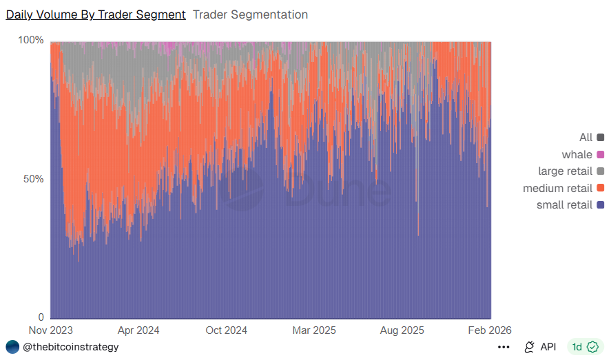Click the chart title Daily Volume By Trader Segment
coord(96,14)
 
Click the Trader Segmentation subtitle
coord(250,14)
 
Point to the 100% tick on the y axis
coord(30,41)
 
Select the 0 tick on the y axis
coord(41,317)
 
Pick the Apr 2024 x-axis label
coord(138,330)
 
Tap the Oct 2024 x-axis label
coord(226,330)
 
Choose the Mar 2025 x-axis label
coord(314,330)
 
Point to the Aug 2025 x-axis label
coord(402,330)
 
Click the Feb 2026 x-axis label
coord(490,330)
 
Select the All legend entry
coord(586,138)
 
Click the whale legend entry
coord(577,154)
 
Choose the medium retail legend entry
coord(558,188)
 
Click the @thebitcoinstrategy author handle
coord(70,347)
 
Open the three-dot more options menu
coord(504,347)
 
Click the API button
coord(540,347)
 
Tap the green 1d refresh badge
coord(585,347)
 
